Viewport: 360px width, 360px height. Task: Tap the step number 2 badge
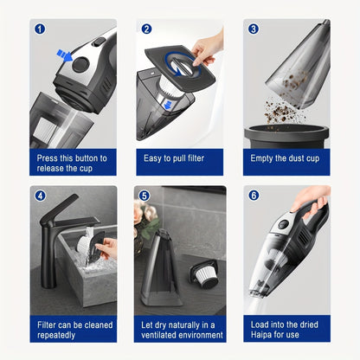(x=147, y=29)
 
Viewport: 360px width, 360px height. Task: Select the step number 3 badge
(x=254, y=29)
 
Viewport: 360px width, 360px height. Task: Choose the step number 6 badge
(x=254, y=196)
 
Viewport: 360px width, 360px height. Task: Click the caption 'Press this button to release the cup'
(x=73, y=164)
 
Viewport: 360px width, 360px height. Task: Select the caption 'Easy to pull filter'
(x=179, y=158)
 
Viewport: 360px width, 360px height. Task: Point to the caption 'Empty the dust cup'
(x=286, y=158)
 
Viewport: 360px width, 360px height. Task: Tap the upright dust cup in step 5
(x=163, y=275)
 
